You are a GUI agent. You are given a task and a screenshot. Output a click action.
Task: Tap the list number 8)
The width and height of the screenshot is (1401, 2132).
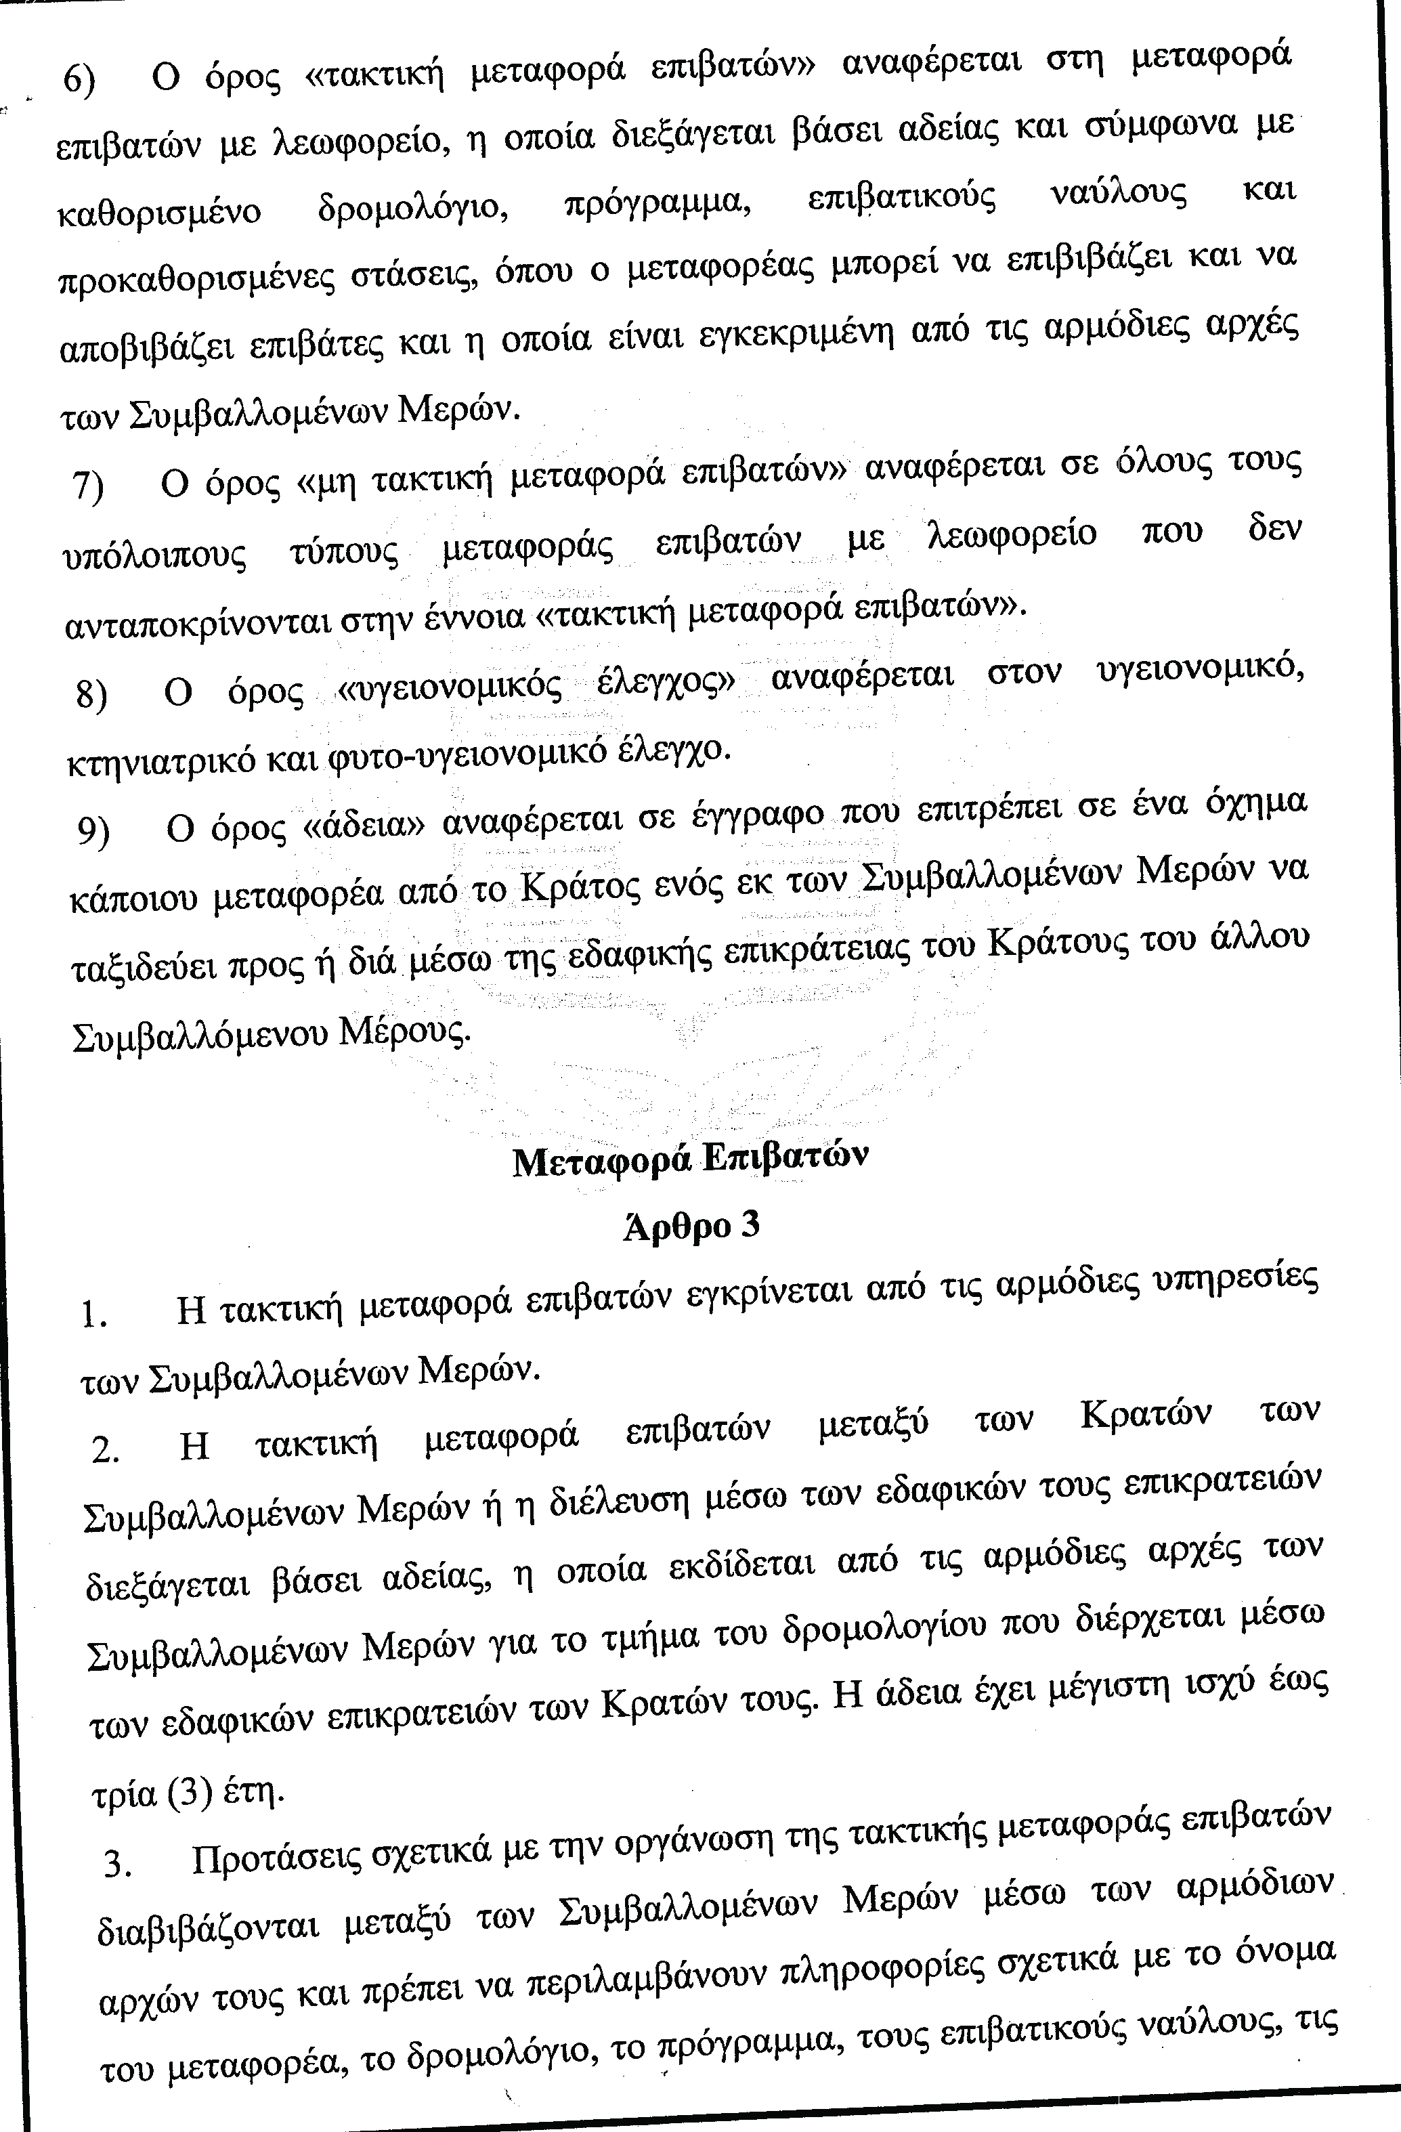[91, 694]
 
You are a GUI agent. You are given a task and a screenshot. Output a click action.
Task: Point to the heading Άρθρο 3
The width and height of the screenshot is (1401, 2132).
[691, 1225]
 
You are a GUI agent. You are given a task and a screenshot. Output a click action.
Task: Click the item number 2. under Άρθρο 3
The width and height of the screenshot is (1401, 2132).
[105, 1449]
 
